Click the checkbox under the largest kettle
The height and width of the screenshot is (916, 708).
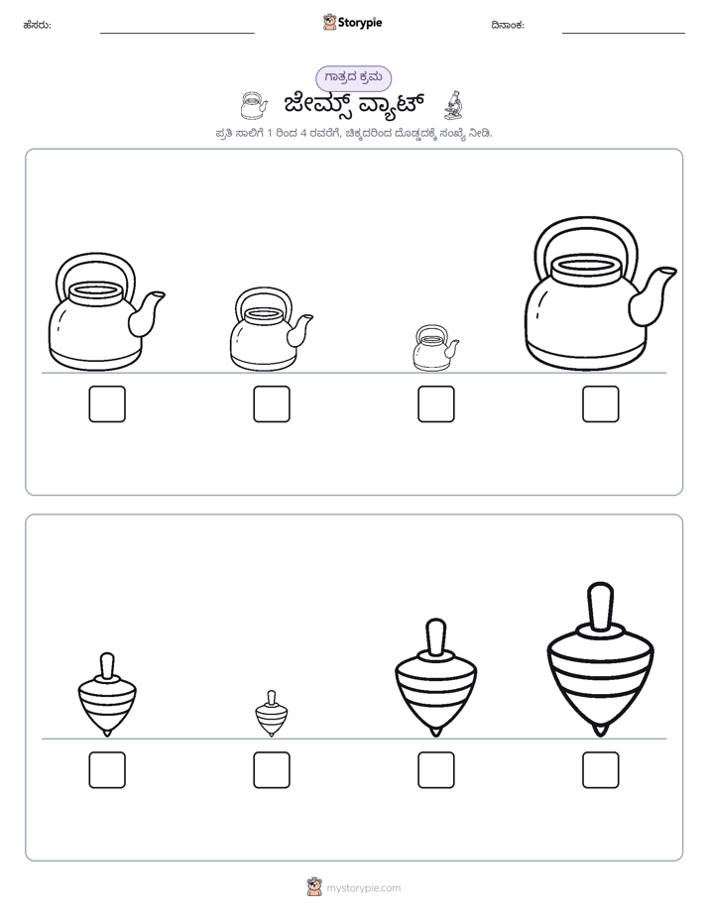(x=600, y=403)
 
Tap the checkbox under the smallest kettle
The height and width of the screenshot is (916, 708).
(x=435, y=403)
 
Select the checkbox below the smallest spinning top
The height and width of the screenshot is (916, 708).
(x=272, y=770)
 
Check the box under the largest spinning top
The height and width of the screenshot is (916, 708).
(x=600, y=770)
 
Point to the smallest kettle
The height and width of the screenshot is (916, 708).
(x=435, y=348)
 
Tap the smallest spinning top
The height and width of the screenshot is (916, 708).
(x=272, y=714)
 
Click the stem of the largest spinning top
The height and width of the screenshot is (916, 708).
(x=600, y=607)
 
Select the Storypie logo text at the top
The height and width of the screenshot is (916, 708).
(x=360, y=23)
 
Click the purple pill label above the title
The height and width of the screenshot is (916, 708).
(x=353, y=78)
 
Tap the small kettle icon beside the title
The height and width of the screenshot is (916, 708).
(x=254, y=105)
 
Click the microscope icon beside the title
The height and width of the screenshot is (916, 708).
(x=453, y=105)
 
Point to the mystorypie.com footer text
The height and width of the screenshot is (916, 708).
(x=363, y=888)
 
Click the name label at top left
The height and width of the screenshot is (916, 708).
(x=37, y=25)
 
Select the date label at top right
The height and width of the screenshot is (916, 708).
(x=508, y=25)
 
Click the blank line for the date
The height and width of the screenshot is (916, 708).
(x=624, y=34)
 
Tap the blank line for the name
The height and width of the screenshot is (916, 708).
(x=177, y=34)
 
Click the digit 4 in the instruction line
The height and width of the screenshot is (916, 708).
(x=303, y=133)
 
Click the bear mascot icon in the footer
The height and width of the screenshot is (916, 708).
(x=314, y=887)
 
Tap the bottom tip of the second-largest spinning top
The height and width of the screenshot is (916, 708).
(x=435, y=736)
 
